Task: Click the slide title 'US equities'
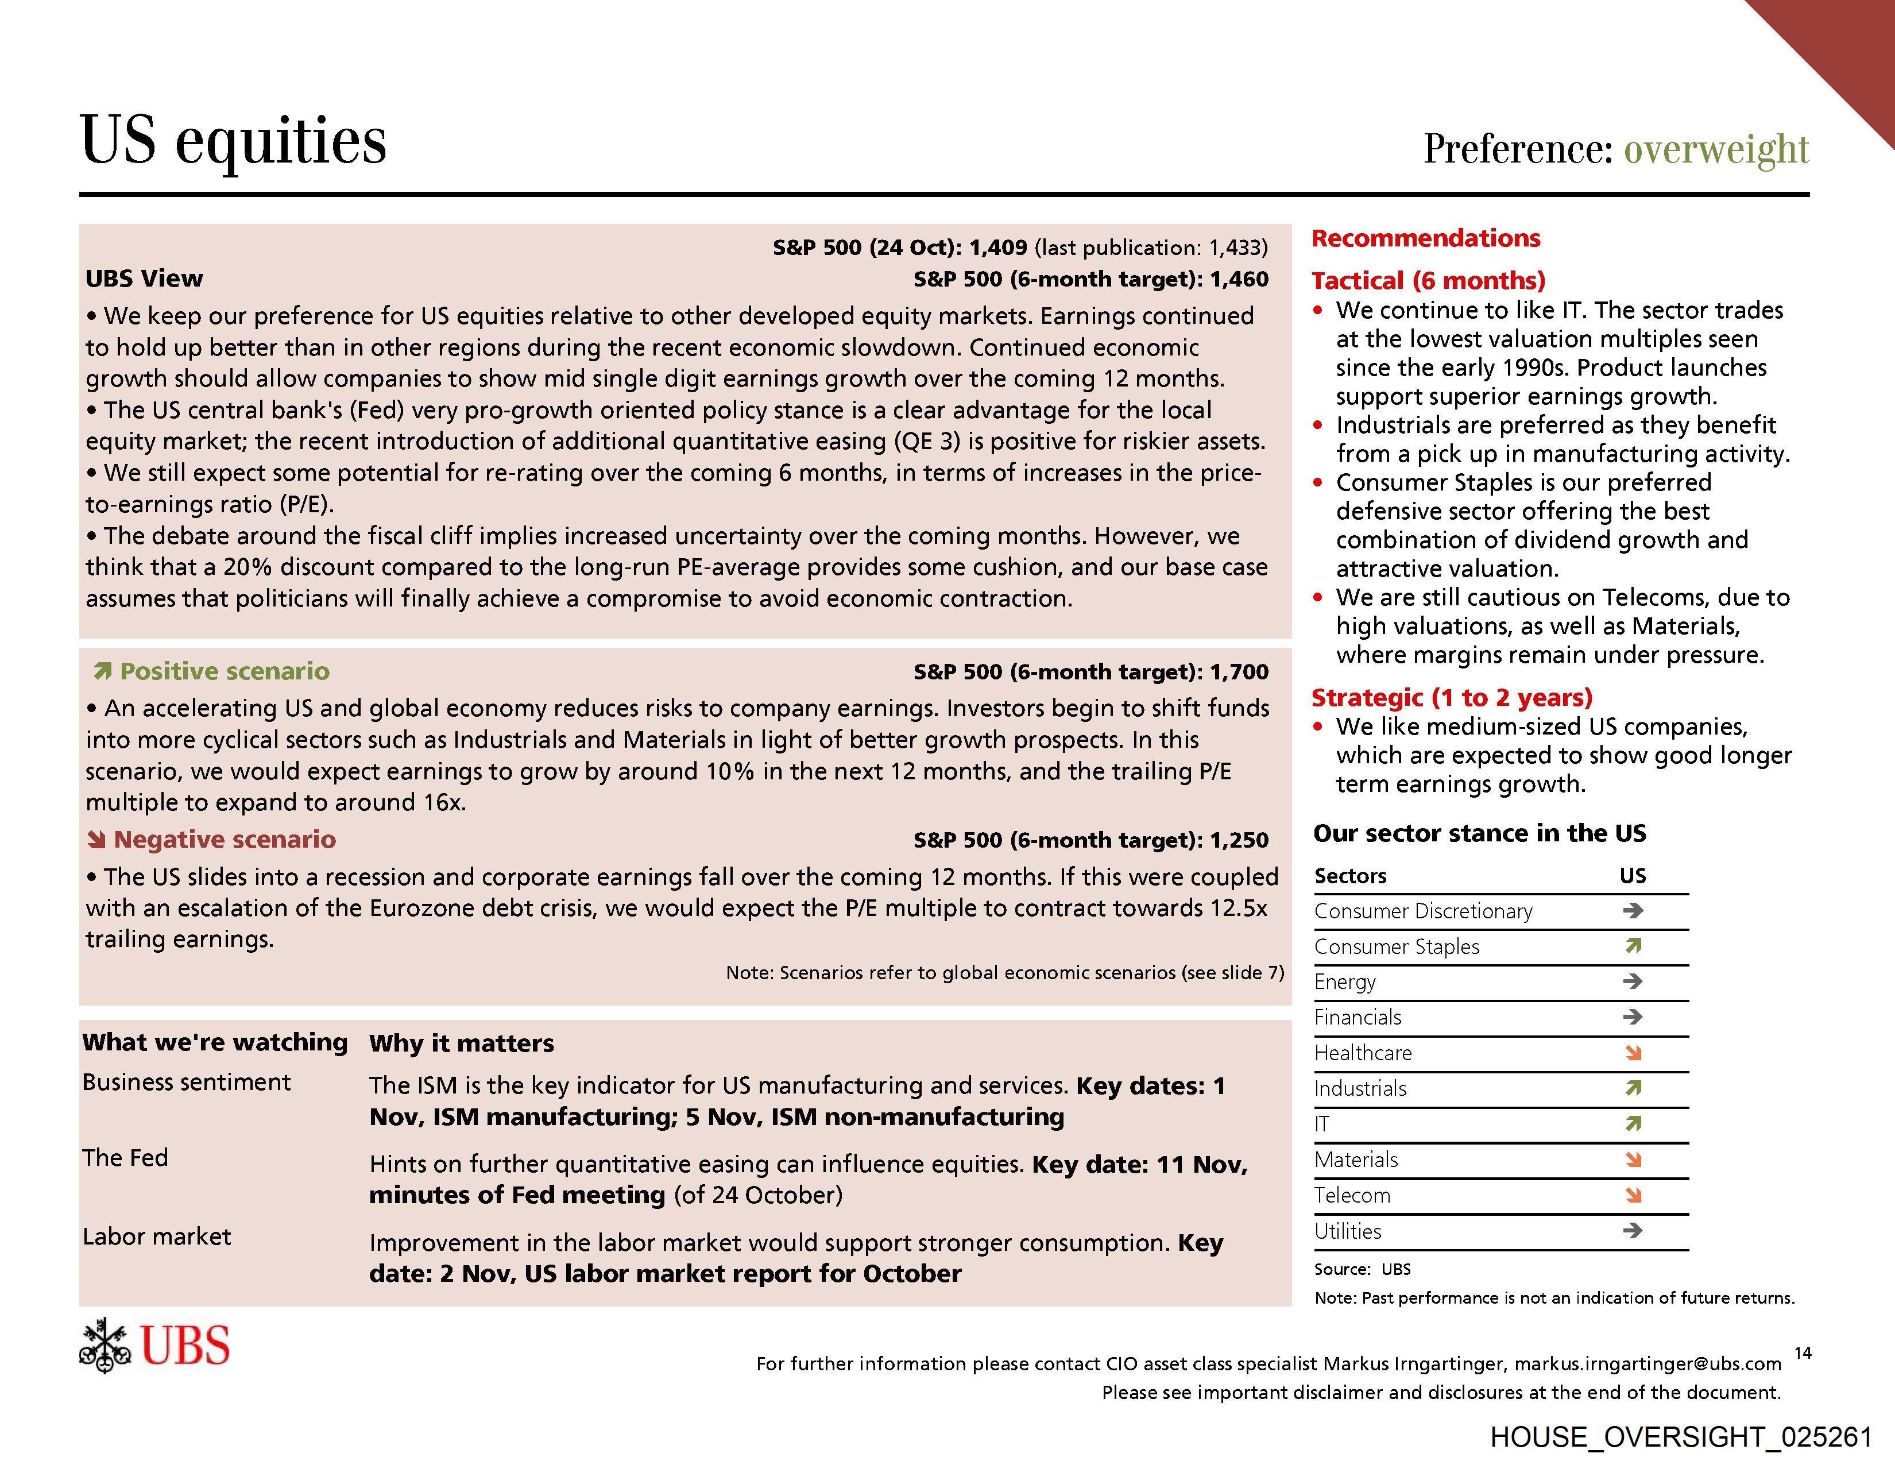(x=233, y=141)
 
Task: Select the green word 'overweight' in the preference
(x=1715, y=149)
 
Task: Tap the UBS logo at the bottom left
(x=154, y=1346)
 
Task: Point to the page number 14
(x=1802, y=1352)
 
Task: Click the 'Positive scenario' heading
(x=224, y=671)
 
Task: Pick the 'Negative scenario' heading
(x=224, y=840)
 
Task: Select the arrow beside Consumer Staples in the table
(x=1633, y=946)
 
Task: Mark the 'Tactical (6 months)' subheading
(x=1428, y=281)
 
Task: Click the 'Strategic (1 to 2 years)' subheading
(x=1452, y=698)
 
